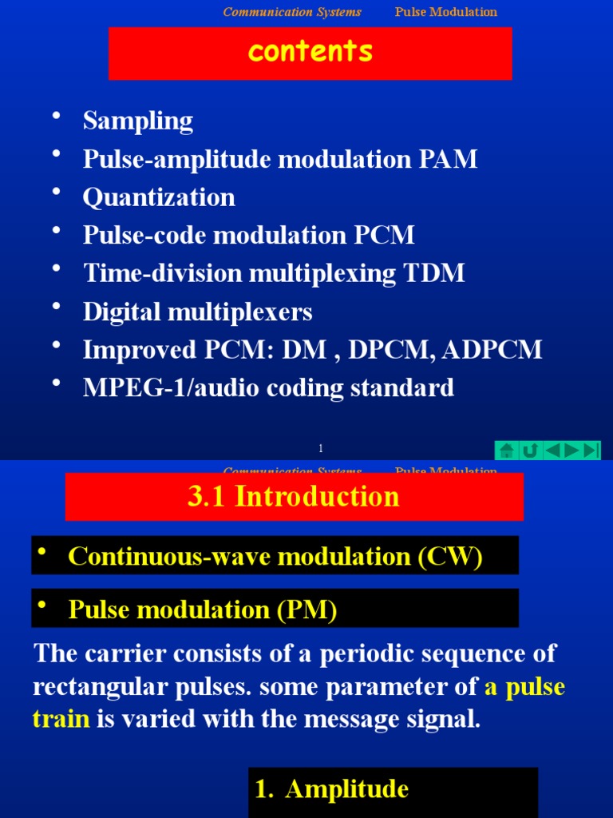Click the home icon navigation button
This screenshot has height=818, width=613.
[505, 451]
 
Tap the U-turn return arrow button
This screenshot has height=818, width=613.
[528, 451]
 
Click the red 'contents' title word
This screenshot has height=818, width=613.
[310, 52]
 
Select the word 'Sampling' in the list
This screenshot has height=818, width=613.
[138, 121]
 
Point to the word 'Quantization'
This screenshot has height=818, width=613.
[159, 197]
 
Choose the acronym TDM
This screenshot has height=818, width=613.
[434, 273]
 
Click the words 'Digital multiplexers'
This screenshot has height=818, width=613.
[197, 312]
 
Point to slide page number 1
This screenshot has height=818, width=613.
[320, 449]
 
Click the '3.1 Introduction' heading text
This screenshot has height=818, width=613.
[293, 497]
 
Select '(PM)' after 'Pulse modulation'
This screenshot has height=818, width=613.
[307, 610]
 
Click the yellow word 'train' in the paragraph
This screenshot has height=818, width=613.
[61, 719]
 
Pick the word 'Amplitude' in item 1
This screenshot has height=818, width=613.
[346, 789]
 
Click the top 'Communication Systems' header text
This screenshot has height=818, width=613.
[292, 12]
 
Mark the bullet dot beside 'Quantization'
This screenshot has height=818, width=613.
[56, 194]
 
